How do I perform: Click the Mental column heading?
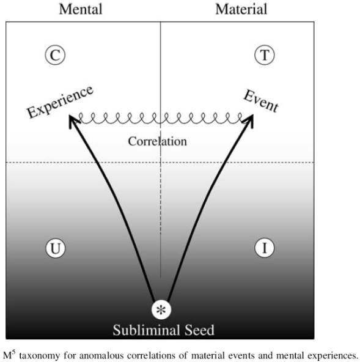[x=81, y=9]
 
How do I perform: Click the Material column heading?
[x=241, y=9]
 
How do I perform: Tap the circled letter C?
[x=55, y=55]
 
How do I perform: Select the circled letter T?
[x=265, y=55]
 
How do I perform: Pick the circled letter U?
[x=56, y=248]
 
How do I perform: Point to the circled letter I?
[x=265, y=248]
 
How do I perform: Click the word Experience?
[x=60, y=102]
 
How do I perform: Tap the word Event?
[x=261, y=101]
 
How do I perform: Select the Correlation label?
[x=157, y=141]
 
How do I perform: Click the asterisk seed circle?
[x=161, y=309]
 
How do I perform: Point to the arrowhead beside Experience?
[x=73, y=120]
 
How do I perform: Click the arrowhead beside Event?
[x=249, y=120]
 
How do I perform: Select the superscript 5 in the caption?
[x=14, y=352]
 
